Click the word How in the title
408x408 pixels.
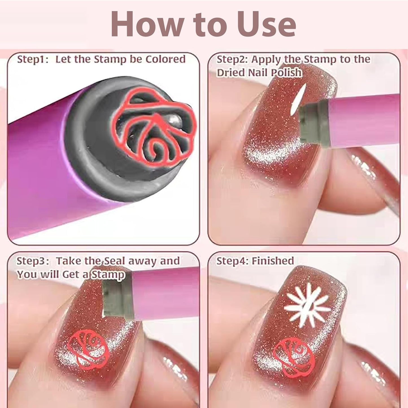click(x=147, y=24)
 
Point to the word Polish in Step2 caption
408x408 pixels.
click(x=286, y=73)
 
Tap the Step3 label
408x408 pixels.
click(x=32, y=261)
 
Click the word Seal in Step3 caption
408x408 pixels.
click(x=114, y=261)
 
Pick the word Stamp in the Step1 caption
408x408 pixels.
click(x=110, y=60)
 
